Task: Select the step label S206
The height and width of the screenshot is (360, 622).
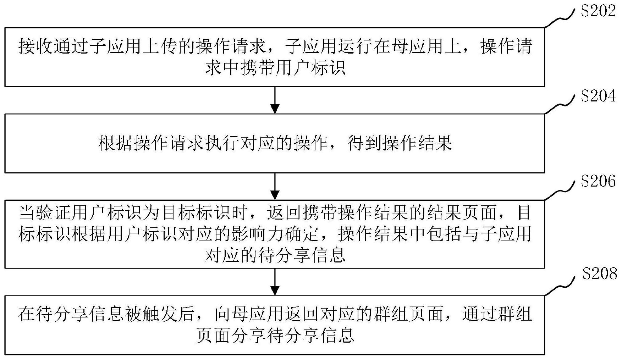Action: point(598,181)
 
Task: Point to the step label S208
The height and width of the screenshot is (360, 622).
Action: point(600,273)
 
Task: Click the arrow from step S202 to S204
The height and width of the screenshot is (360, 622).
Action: point(275,100)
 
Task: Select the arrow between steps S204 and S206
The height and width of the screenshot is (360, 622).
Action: point(275,186)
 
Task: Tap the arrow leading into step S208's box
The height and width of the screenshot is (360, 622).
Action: point(275,282)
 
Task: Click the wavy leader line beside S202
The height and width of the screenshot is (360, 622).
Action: point(560,18)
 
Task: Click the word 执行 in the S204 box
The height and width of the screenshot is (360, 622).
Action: point(222,143)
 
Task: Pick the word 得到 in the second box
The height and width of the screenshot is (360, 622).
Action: point(364,143)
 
